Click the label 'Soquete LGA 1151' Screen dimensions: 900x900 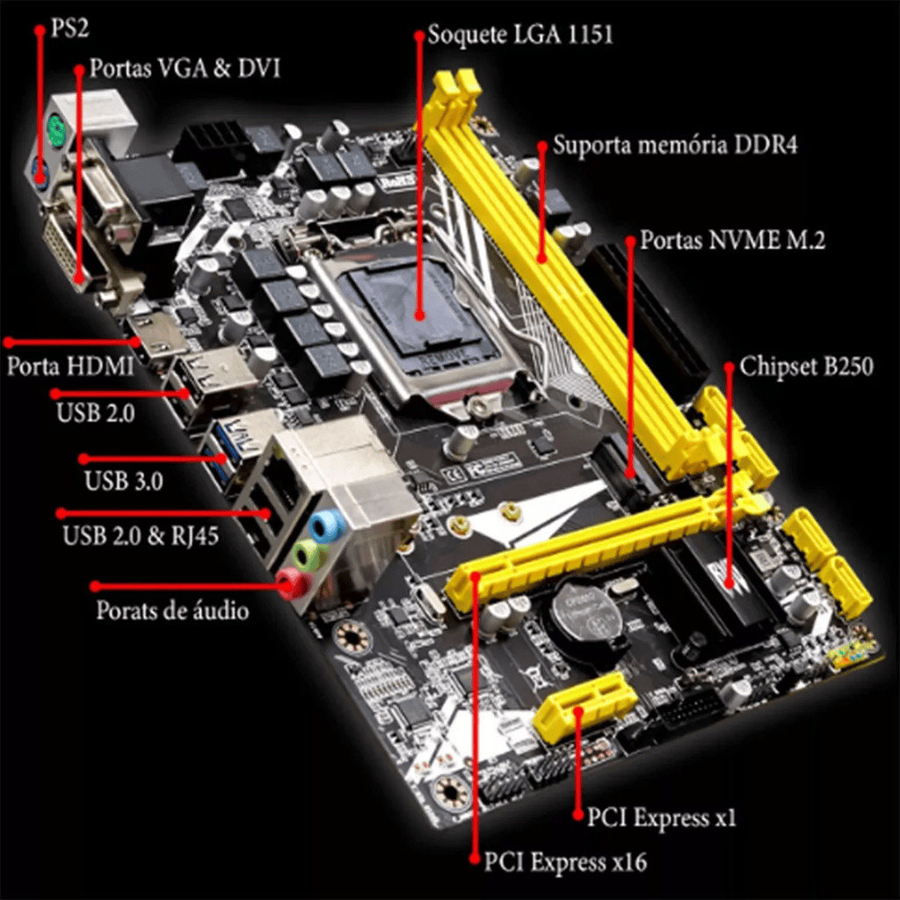(520, 34)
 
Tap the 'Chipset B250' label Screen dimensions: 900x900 (806, 367)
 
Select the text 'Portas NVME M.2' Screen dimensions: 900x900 (732, 240)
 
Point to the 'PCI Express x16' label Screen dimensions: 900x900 (565, 862)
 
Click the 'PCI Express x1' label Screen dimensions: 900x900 (661, 817)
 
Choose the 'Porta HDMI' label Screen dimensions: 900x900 (70, 367)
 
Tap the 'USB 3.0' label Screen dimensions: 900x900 (123, 481)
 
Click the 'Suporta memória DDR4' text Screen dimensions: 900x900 (675, 145)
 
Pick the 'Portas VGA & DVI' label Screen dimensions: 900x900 (185, 69)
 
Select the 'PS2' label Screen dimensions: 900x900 (69, 28)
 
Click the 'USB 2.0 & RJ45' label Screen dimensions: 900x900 (141, 535)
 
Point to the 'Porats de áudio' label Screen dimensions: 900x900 (172, 610)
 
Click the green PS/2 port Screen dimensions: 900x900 (55, 130)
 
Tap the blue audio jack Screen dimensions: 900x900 (327, 526)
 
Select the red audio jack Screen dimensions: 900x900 (294, 584)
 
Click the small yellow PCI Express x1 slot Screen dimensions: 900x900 (584, 708)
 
